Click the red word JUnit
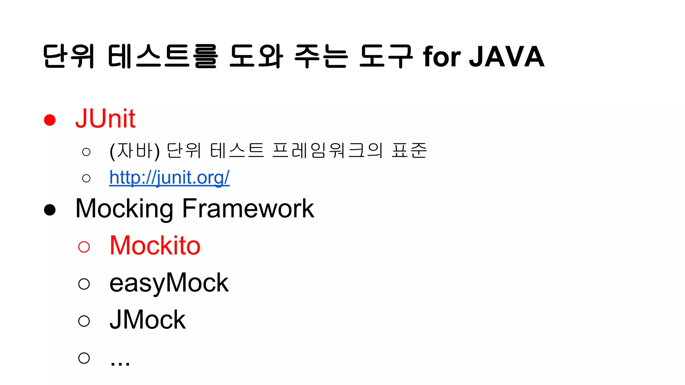coord(105,119)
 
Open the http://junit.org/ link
coord(169,177)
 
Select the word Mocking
coord(124,209)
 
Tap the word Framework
coord(248,209)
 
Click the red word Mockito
coord(155,246)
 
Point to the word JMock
coord(148,320)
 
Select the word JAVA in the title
coord(507,57)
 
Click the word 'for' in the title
coord(442,57)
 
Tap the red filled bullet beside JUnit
coord(50,120)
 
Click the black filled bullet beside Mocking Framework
coord(50,210)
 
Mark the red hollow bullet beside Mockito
coord(84,247)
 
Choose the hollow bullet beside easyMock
coord(84,284)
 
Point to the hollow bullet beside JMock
coord(84,321)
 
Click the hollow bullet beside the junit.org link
coord(86,178)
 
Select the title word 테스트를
coord(163,56)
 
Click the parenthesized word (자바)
coord(134,151)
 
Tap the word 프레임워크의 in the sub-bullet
coord(327,150)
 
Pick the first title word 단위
coord(69,56)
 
